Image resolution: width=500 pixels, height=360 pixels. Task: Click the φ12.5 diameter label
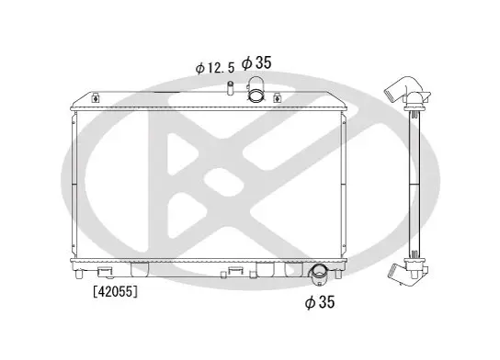[214, 68]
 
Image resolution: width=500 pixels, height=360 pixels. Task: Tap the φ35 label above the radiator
[256, 62]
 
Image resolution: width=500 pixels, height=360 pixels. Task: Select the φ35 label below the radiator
[320, 302]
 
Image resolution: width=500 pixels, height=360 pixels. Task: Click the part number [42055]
[116, 291]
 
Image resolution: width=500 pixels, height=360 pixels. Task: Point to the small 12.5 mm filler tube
[230, 88]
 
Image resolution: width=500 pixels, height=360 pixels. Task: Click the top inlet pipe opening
[256, 96]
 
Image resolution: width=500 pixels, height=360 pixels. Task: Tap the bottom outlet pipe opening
[318, 272]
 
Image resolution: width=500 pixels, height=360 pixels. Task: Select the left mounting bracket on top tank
[96, 98]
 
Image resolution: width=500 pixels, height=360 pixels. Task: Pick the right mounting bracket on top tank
[278, 98]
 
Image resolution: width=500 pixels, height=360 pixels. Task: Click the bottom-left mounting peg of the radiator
[79, 274]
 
